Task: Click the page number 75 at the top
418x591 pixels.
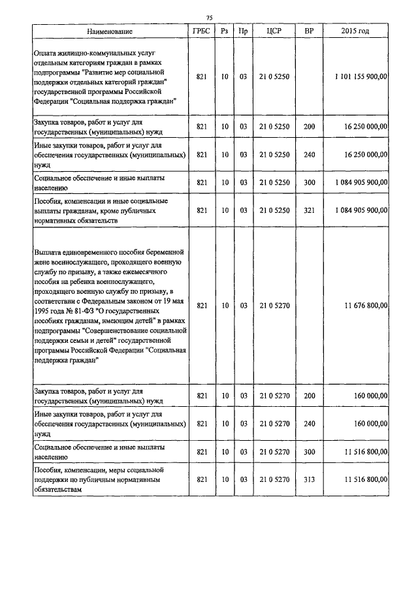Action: pos(208,18)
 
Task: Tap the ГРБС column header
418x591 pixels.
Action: pos(202,31)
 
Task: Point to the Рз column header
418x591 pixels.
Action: pos(224,31)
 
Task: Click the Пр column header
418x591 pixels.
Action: pos(243,31)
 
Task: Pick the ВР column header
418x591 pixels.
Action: pos(309,31)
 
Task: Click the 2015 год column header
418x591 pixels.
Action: pos(355,31)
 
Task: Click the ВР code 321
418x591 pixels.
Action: pos(309,210)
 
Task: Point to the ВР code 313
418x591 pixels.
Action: pos(309,479)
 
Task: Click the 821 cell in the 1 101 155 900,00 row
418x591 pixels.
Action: pos(202,76)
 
